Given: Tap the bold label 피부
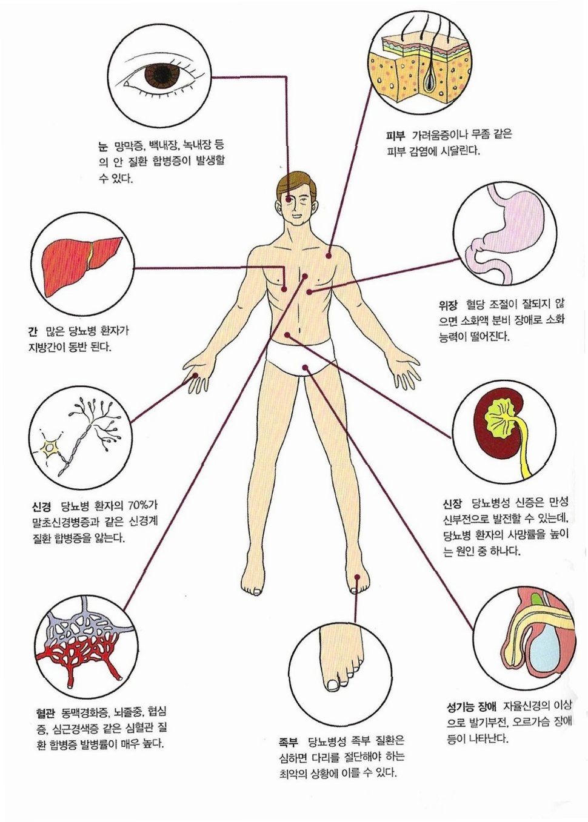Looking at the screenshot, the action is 395,135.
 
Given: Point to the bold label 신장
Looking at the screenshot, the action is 453,503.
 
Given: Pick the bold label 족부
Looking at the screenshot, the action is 288,741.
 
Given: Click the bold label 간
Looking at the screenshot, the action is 32,332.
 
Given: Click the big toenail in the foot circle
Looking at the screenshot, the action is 333,685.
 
